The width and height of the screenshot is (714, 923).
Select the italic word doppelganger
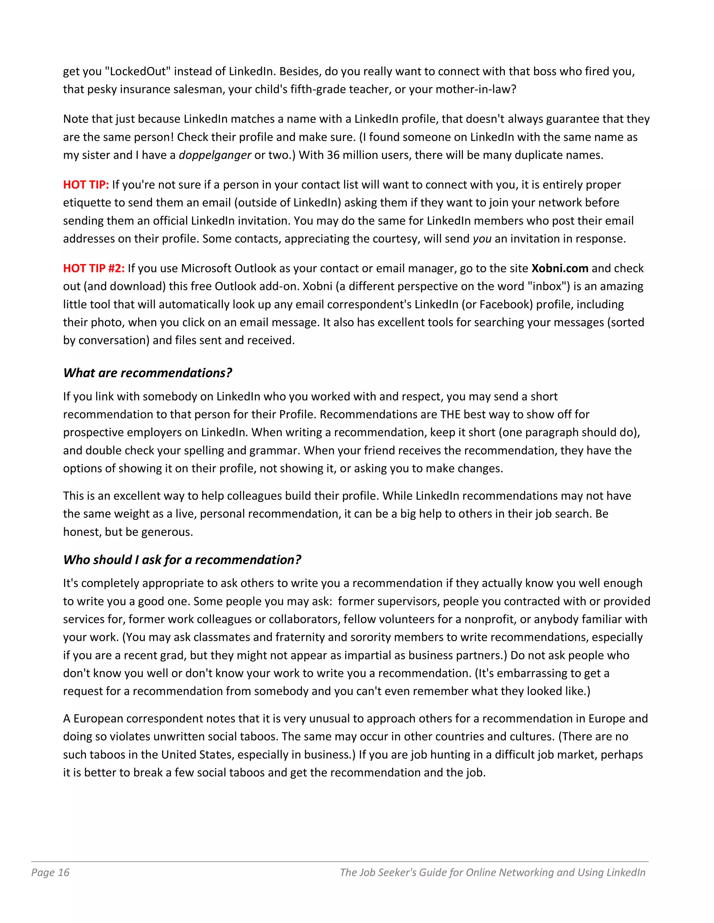click(215, 155)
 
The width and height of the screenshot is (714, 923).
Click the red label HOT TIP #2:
click(94, 268)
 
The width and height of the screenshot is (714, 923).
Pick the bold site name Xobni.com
click(560, 268)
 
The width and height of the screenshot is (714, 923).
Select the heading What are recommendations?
click(147, 373)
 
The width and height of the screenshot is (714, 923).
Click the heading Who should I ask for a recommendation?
click(182, 560)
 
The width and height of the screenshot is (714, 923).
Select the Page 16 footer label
click(50, 872)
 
